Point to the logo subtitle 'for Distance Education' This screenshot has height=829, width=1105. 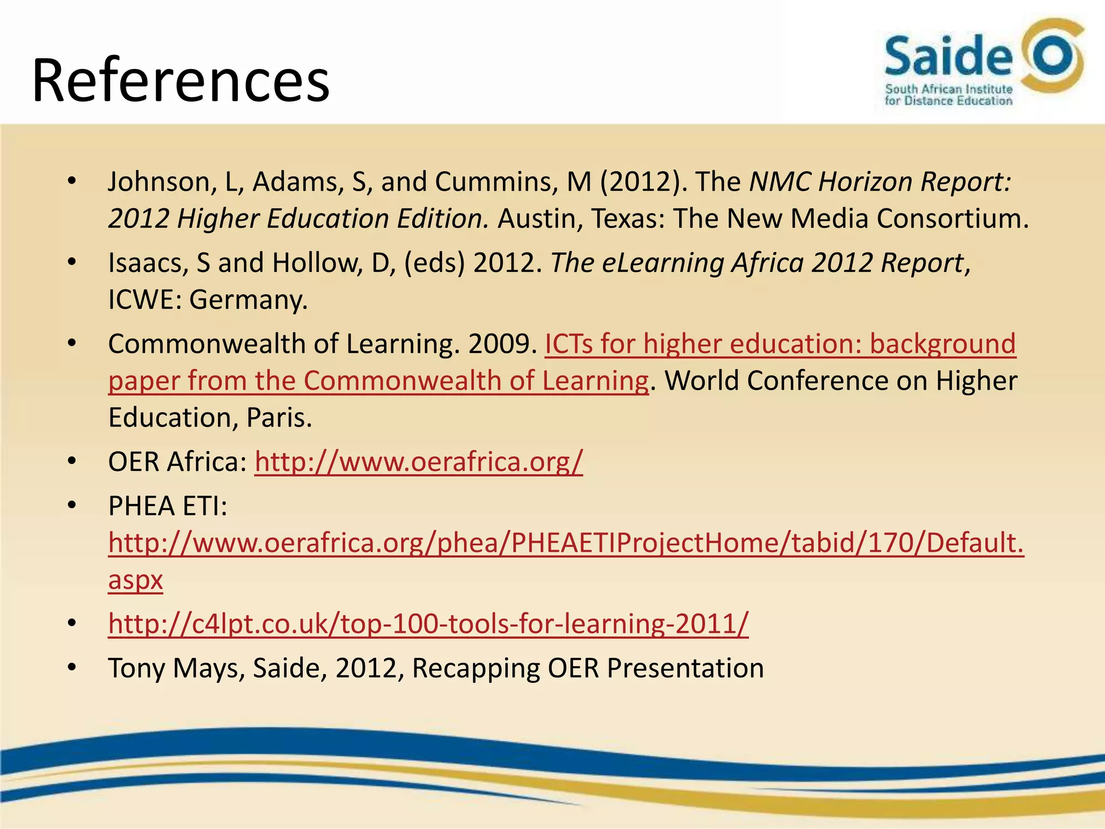[948, 101]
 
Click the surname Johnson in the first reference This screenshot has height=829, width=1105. [160, 182]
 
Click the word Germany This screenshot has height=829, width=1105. [248, 300]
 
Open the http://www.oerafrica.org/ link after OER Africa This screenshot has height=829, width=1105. [419, 462]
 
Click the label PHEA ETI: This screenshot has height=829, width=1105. [168, 506]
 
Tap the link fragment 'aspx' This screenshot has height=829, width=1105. [135, 580]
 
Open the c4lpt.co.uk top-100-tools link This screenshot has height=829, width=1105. [428, 624]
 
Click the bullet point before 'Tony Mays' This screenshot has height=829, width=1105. [72, 668]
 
